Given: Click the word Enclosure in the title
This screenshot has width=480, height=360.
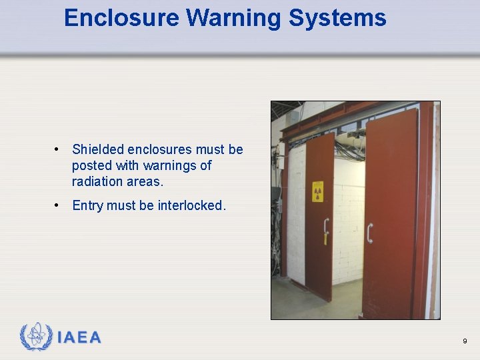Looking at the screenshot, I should (121, 18).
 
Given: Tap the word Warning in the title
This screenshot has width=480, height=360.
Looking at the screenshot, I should (233, 18).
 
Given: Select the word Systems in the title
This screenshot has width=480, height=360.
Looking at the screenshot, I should (337, 18).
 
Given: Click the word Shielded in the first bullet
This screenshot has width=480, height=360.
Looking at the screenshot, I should (97, 149).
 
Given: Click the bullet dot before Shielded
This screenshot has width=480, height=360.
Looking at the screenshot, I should (59, 149).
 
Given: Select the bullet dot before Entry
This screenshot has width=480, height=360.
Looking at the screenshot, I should (59, 205).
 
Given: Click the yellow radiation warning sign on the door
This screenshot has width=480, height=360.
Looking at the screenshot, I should (318, 191).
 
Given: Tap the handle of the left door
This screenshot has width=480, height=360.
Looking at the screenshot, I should (325, 227).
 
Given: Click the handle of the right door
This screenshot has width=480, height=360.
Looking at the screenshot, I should (369, 233).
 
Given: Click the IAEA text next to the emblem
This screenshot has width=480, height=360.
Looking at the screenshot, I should (79, 338).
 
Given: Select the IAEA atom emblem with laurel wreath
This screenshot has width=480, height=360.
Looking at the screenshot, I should (35, 337).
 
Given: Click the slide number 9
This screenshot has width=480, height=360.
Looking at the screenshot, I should (465, 341).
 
